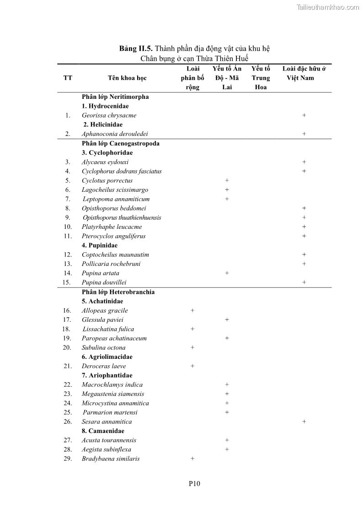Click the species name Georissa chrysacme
tap(109, 115)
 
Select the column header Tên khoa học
tap(127, 78)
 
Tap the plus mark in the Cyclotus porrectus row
tap(227, 180)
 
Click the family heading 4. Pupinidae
tap(100, 245)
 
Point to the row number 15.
tap(67, 282)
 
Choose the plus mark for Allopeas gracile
tap(192, 310)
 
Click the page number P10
tap(194, 483)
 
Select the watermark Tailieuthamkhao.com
tap(328, 7)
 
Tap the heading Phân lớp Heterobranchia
tap(118, 292)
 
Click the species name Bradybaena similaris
tap(111, 459)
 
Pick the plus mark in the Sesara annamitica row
tap(304, 422)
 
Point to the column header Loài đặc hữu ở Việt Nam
tap(304, 73)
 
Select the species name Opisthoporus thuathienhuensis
tap(122, 217)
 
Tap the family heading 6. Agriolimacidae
tap(107, 357)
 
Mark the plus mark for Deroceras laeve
tap(192, 366)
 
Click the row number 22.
tap(68, 384)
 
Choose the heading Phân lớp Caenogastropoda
tap(120, 143)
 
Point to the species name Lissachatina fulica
tap(108, 329)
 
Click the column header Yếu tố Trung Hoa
tap(261, 78)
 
